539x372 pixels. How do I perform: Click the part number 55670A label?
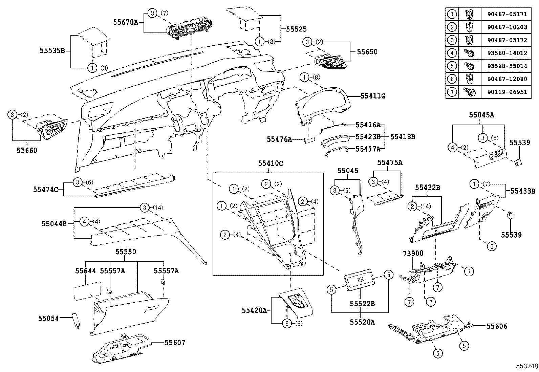[x=126, y=22]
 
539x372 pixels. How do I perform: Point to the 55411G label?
[x=373, y=96]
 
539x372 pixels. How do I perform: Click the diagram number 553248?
[x=526, y=367]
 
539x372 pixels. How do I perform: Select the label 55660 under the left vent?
[x=27, y=150]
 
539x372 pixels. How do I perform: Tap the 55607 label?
[x=175, y=343]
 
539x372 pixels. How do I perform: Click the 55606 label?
[x=497, y=326]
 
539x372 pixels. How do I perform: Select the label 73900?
[x=413, y=253]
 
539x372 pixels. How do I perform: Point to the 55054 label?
[x=48, y=318]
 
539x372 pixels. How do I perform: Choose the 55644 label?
[x=86, y=271]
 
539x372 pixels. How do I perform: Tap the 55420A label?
[x=254, y=310]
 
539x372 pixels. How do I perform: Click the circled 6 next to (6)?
[x=287, y=324]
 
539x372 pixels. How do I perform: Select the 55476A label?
[x=279, y=139]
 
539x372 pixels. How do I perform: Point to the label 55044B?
[x=54, y=224]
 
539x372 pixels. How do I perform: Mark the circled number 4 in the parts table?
[x=452, y=53]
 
